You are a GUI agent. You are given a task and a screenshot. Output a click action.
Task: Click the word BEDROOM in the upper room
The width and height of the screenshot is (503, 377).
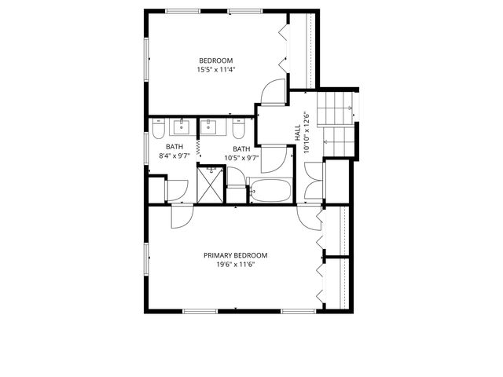pyautogui.click(x=215, y=61)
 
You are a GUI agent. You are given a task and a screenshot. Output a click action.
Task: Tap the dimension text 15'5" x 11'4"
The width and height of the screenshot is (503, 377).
pyautogui.click(x=215, y=70)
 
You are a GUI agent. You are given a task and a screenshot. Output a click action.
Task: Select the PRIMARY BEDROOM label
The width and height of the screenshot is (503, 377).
pyautogui.click(x=235, y=255)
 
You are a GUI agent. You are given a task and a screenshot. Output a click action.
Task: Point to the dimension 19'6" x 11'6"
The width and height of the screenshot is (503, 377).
pyautogui.click(x=235, y=265)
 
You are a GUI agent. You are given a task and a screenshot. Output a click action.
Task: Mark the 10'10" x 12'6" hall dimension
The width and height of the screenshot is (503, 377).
pyautogui.click(x=307, y=134)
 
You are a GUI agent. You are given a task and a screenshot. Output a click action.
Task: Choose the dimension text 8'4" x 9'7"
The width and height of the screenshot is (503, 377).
pyautogui.click(x=175, y=156)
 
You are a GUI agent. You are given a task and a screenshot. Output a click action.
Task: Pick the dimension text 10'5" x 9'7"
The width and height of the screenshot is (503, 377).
pyautogui.click(x=241, y=157)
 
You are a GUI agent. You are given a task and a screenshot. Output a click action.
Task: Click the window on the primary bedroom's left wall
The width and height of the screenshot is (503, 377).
pyautogui.click(x=145, y=259)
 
